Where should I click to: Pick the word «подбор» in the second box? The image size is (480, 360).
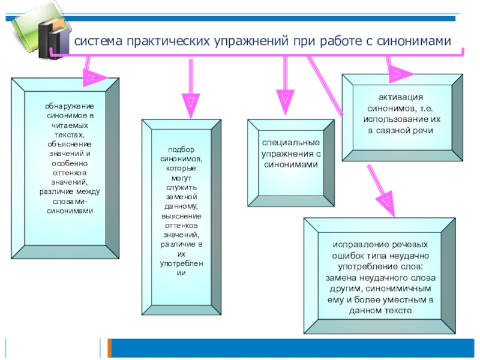[x=181, y=149]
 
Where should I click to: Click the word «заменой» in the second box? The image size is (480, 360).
[x=181, y=196]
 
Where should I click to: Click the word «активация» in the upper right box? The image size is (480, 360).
[x=401, y=98]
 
